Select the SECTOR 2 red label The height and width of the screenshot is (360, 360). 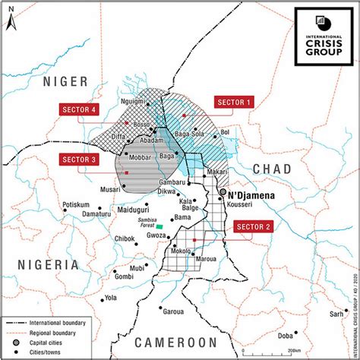tap(254, 227)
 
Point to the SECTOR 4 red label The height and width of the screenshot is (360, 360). tap(78, 109)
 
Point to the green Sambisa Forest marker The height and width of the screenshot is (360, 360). tap(159, 226)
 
